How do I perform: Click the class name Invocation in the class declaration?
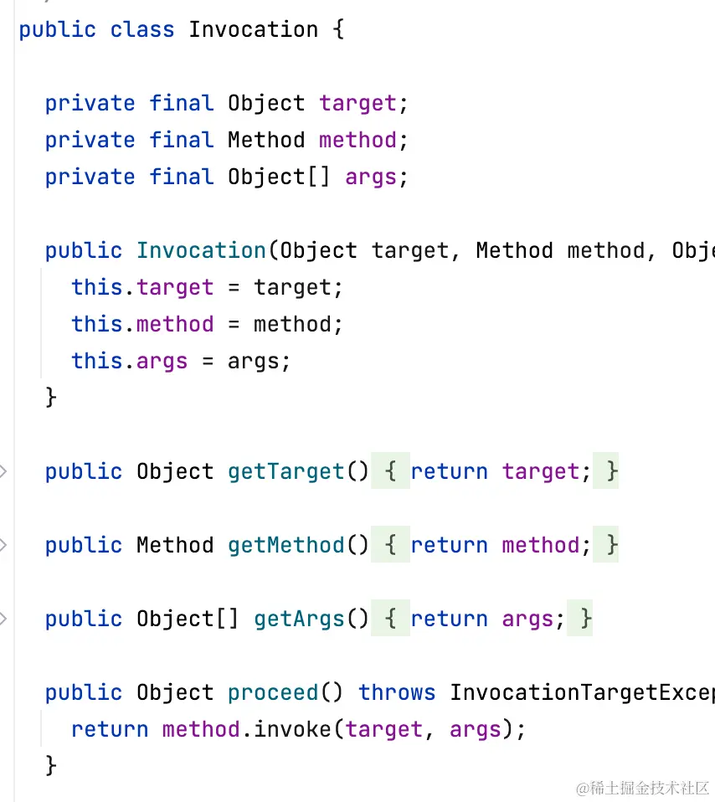tap(253, 30)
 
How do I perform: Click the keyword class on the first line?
tap(142, 30)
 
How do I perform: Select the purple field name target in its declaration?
tap(357, 104)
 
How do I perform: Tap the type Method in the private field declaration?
tap(266, 141)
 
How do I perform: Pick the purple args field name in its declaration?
tap(370, 177)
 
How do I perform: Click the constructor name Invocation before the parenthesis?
tap(201, 251)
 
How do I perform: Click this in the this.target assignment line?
tap(97, 288)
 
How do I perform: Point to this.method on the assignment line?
tap(142, 325)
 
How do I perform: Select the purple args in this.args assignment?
tap(162, 362)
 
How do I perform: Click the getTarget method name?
tap(285, 472)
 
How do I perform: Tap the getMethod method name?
tap(285, 546)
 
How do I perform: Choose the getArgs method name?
tap(299, 619)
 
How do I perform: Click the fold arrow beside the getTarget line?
tap(3, 472)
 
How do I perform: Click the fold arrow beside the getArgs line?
tap(3, 619)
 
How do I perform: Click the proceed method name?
tap(273, 693)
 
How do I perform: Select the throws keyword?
tap(397, 693)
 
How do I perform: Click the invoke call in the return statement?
tap(292, 730)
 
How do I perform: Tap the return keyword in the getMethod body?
tap(449, 546)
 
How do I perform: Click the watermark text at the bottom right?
tap(641, 788)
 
